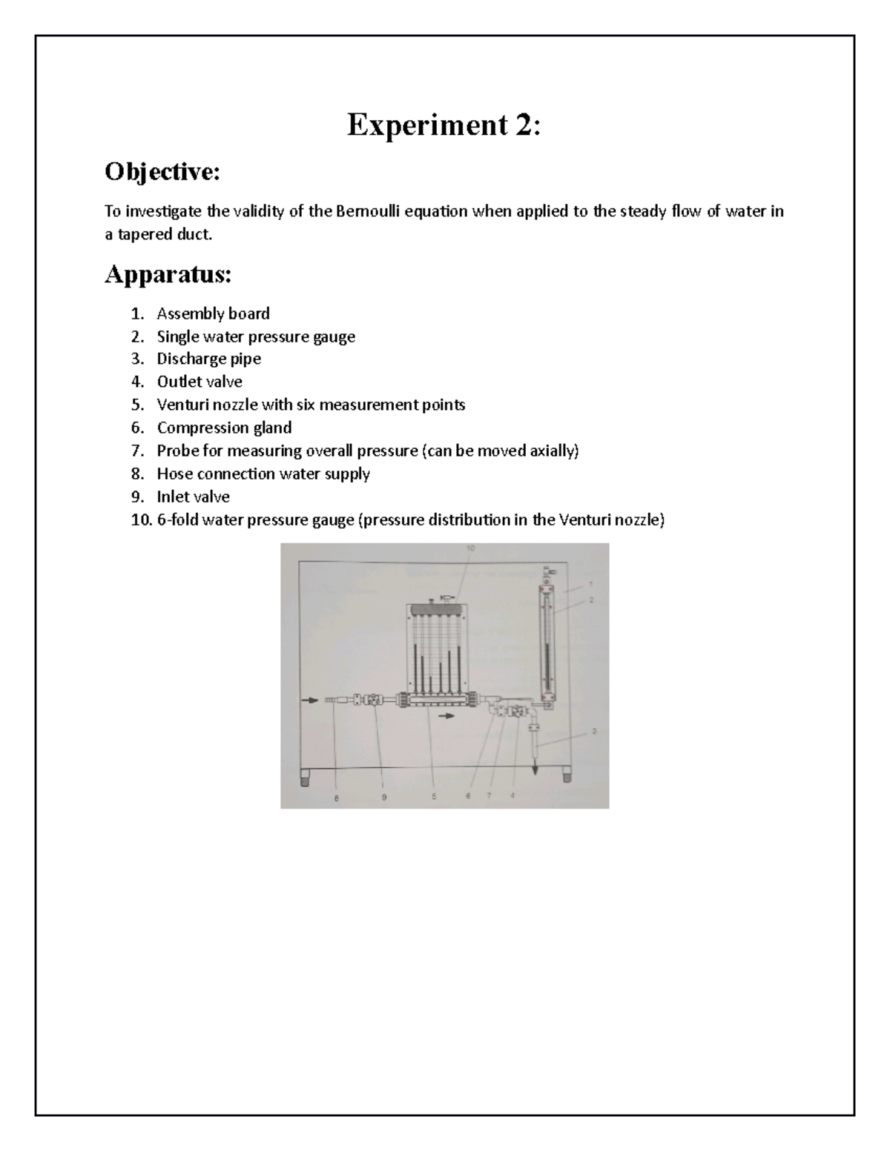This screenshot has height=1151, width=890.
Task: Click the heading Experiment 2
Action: tap(444, 125)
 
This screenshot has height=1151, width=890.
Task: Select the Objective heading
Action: tap(162, 172)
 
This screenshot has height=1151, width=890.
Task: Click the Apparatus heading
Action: tap(168, 274)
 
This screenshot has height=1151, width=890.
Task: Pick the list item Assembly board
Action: tap(213, 314)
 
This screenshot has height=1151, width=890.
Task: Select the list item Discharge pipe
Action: tap(208, 359)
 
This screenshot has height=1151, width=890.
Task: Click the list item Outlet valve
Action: tap(199, 382)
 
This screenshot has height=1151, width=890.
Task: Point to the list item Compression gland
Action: tap(224, 428)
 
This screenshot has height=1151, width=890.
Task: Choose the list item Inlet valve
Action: tap(193, 497)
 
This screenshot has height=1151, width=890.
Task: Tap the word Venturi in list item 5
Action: tap(181, 405)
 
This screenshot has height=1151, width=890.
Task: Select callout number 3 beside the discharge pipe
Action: tap(594, 731)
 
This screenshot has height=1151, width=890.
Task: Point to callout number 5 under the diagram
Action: tap(434, 797)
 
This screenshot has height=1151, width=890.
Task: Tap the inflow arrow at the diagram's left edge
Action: tap(308, 699)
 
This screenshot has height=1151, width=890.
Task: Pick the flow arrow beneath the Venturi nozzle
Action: tap(446, 716)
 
